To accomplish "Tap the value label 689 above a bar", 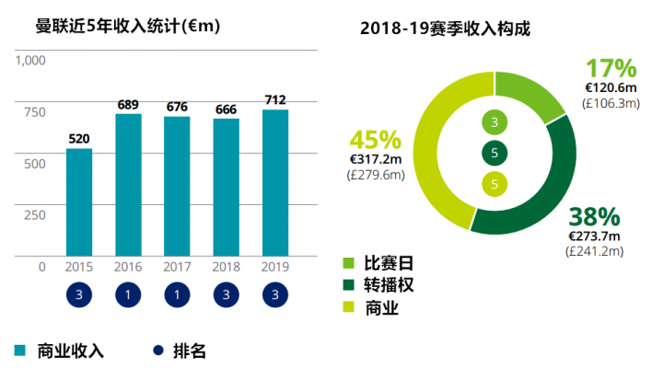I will click(x=128, y=105).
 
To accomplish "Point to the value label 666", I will click(x=227, y=109).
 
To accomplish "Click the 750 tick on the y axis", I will click(x=34, y=112).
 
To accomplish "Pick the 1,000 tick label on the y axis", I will click(x=30, y=61).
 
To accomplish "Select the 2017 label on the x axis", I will click(x=177, y=266).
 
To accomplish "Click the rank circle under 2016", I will click(x=128, y=296).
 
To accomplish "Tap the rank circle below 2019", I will click(x=275, y=296).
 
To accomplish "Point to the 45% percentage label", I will click(x=375, y=140).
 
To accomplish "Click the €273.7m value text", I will click(x=597, y=236).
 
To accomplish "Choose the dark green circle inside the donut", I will click(x=494, y=154).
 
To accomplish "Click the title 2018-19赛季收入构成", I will click(x=446, y=29).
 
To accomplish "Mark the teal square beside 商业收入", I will click(x=20, y=351).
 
